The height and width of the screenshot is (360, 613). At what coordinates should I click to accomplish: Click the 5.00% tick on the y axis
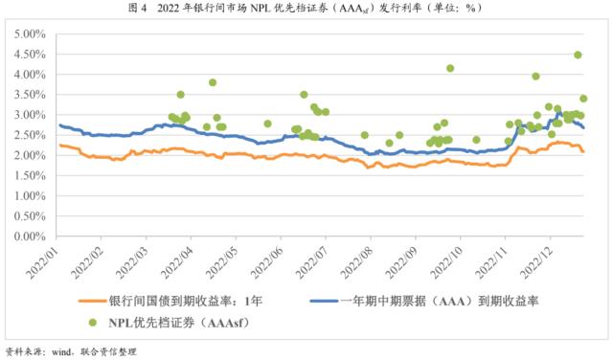[x=32, y=34]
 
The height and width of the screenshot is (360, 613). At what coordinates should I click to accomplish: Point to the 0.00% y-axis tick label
[x=32, y=236]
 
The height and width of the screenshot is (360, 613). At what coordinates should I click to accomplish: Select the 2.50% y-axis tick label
[x=32, y=135]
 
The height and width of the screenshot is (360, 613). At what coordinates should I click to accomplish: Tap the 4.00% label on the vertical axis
[x=32, y=75]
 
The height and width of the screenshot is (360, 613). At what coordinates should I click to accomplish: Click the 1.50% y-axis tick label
[x=32, y=175]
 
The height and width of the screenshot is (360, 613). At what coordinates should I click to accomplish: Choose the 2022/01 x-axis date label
[x=44, y=261]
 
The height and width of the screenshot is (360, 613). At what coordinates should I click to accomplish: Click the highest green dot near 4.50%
[x=579, y=56]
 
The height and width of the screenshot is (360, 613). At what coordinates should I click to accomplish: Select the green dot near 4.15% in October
[x=450, y=69]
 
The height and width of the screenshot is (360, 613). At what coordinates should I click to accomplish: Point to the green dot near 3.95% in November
[x=535, y=77]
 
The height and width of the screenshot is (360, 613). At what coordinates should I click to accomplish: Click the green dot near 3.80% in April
[x=213, y=82]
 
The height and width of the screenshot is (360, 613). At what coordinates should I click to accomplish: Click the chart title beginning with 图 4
[x=306, y=9]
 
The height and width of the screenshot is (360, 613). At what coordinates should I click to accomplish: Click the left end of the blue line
[x=59, y=125]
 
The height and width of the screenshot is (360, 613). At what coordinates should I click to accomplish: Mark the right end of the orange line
[x=583, y=151]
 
